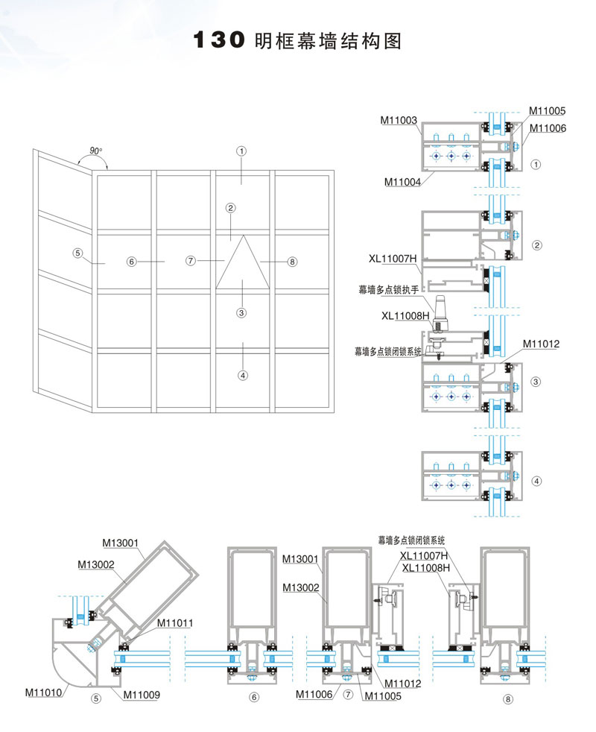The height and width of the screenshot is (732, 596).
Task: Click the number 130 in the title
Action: click(219, 40)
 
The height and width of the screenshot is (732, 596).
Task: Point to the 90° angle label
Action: click(95, 151)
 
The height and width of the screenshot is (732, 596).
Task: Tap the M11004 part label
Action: click(403, 181)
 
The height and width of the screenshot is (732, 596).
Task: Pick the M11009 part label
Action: click(142, 695)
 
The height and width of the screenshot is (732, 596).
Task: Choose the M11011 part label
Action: click(176, 622)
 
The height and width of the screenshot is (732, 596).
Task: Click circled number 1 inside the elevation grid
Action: click(241, 151)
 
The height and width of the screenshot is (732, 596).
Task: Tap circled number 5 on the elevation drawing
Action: click(77, 252)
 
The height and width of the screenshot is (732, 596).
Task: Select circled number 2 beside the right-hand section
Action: click(536, 244)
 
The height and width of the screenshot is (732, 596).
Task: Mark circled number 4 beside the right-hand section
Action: click(536, 481)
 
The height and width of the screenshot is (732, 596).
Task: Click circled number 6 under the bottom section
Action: click(253, 698)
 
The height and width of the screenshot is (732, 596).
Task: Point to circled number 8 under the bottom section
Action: click(508, 699)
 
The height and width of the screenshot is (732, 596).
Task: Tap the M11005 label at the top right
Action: click(548, 110)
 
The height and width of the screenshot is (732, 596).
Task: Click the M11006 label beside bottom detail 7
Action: click(314, 695)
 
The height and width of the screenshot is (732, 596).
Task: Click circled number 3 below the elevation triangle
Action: click(241, 313)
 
